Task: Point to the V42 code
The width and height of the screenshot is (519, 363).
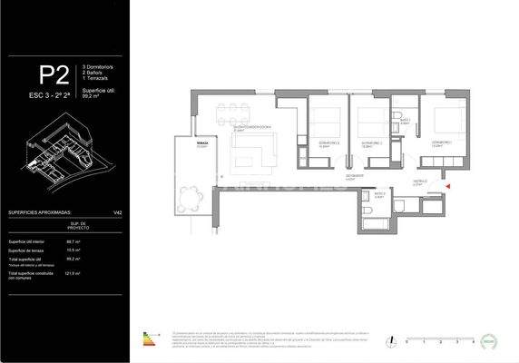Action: pos(117,212)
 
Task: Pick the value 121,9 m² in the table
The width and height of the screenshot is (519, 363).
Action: pos(73,272)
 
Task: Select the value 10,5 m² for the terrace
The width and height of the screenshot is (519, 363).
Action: pos(73,250)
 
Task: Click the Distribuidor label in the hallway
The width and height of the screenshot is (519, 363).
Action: pos(419,181)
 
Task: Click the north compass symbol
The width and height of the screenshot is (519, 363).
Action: pos(389,341)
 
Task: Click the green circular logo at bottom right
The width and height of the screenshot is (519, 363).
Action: pos(493,340)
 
